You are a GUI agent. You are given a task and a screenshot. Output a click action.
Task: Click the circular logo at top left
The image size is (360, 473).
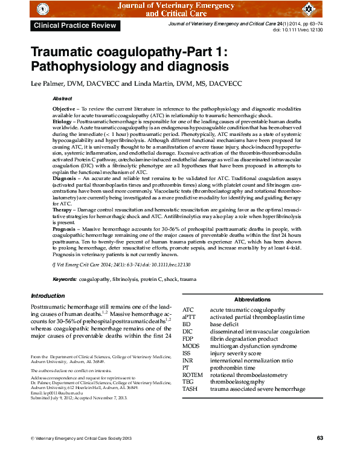point(41,10)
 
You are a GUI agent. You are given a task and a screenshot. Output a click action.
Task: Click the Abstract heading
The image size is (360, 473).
point(62,98)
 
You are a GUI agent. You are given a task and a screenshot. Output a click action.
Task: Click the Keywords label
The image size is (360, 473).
point(65,279)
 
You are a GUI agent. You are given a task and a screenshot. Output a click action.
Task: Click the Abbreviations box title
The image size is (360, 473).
point(252,300)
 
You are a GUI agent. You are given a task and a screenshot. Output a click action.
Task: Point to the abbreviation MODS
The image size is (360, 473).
point(191,346)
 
